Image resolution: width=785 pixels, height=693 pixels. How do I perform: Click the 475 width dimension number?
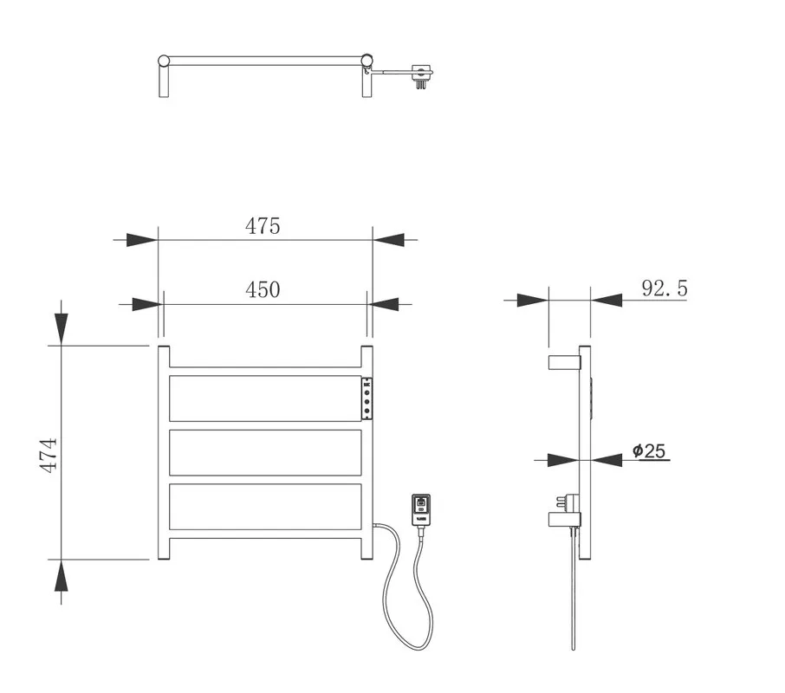tap(263, 226)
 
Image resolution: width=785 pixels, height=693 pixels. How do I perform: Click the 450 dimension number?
tap(263, 289)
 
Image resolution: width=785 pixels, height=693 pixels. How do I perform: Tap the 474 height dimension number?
tap(49, 456)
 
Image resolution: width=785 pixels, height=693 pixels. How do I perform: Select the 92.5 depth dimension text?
tap(665, 288)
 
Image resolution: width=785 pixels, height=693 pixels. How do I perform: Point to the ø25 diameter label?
tap(649, 450)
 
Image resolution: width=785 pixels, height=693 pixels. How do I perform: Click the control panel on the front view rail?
tap(367, 398)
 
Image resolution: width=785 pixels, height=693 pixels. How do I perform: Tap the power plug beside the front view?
tap(420, 510)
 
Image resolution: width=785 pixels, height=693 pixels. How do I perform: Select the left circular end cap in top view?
tap(164, 61)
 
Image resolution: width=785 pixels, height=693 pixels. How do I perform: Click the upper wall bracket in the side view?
tap(565, 362)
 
